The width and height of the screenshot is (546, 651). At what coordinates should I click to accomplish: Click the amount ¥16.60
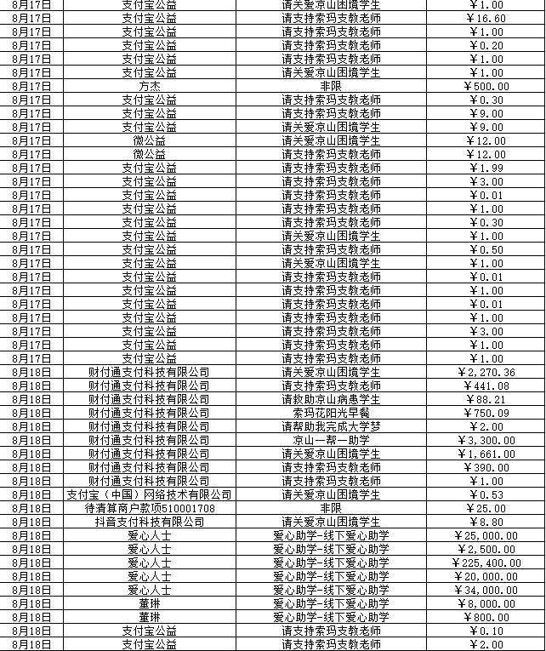click(x=486, y=18)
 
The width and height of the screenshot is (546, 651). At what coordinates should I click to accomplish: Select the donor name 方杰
click(x=150, y=86)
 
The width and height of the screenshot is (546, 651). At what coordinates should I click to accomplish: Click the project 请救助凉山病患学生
click(x=331, y=399)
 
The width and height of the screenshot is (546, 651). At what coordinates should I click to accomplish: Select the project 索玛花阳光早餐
click(x=331, y=413)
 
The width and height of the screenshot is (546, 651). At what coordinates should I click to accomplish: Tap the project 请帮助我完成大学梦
click(x=331, y=426)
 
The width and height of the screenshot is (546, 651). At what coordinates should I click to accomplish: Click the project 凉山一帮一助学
click(x=331, y=440)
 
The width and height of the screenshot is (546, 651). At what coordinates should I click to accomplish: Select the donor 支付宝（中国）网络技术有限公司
click(x=150, y=494)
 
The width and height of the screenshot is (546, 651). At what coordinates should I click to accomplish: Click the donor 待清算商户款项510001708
click(x=150, y=508)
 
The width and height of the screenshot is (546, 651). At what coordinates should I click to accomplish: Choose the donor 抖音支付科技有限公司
click(x=150, y=522)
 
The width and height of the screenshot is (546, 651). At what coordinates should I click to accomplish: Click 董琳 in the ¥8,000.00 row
click(x=150, y=603)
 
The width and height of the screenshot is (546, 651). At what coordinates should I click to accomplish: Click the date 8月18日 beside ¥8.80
click(x=33, y=522)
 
